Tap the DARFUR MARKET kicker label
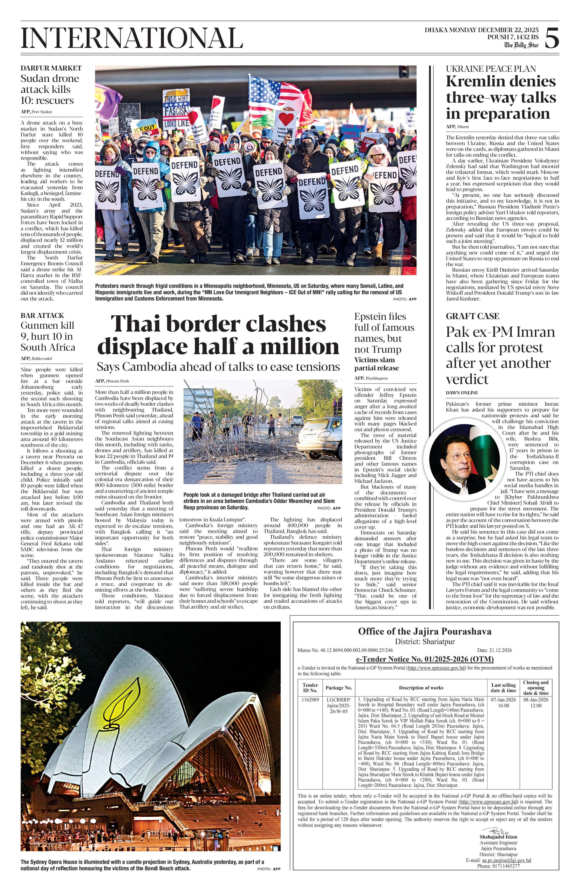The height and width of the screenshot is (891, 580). coord(51,68)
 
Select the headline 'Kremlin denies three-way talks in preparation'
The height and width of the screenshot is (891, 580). coord(501,97)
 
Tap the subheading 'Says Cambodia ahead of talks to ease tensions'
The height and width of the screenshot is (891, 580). coord(218,366)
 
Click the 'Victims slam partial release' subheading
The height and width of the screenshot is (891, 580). coord(376,364)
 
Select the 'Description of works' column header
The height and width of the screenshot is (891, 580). coord(421,688)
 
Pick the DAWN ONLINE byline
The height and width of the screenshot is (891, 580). coord(462,392)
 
